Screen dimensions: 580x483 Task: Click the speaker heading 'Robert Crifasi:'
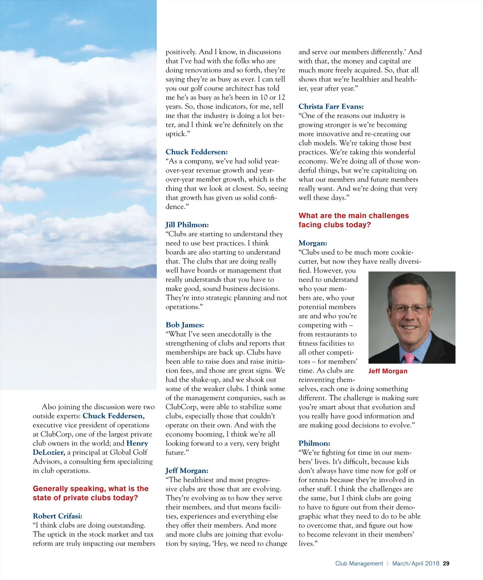tap(58, 516)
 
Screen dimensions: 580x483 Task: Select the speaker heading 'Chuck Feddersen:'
tap(196, 152)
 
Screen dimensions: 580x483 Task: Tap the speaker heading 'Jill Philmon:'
tap(187, 225)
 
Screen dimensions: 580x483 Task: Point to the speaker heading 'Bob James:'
tap(185, 325)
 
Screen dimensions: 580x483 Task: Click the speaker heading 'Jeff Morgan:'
tap(187, 471)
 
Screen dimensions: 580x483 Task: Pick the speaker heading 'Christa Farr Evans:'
tap(331, 107)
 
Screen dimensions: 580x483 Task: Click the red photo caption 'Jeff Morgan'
tap(388, 371)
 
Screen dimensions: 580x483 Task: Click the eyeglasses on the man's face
tap(408, 309)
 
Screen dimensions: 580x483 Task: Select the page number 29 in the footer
tap(446, 563)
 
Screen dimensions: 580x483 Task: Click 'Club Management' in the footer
tap(359, 563)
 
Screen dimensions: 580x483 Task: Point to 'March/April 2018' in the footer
tap(415, 563)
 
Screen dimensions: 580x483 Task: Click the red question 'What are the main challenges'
tap(353, 216)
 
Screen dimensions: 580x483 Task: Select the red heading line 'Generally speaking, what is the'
tap(91, 489)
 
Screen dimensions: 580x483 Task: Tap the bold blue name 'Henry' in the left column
tap(137, 443)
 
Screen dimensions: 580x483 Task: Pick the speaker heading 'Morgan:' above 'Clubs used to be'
tap(313, 243)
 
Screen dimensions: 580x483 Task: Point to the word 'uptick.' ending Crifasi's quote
tap(176, 134)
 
